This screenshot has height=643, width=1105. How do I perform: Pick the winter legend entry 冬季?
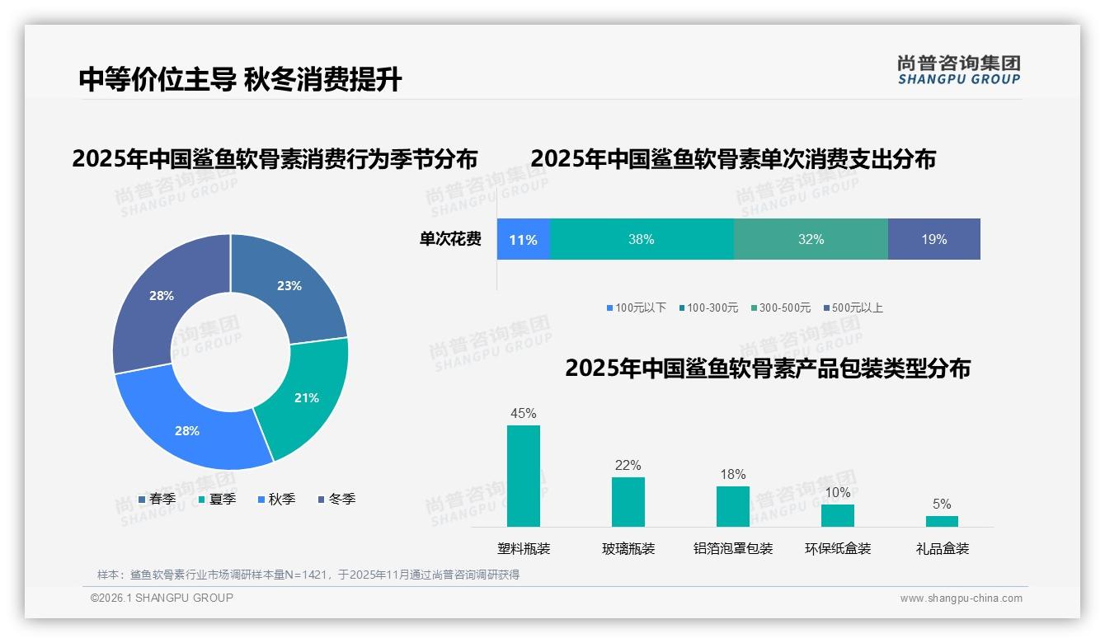(336, 500)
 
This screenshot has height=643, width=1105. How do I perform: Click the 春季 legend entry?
(157, 500)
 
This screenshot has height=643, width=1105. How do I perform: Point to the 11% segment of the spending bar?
(523, 240)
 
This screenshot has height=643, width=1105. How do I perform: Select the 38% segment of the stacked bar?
(641, 240)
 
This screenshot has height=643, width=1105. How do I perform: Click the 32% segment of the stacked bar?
(811, 240)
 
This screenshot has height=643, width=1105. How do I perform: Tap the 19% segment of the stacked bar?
(933, 240)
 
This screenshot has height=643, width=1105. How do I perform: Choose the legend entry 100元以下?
(636, 308)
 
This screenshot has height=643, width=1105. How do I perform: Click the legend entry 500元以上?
(853, 308)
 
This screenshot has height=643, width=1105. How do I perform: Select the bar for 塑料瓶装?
(524, 476)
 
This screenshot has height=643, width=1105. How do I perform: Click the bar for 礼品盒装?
(942, 521)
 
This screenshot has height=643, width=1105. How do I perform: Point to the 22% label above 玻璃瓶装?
(628, 466)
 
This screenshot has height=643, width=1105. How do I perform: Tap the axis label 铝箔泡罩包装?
(733, 549)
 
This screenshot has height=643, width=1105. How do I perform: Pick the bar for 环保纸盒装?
(838, 515)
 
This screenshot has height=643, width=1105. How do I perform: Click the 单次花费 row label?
(450, 240)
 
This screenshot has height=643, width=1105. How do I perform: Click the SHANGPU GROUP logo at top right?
(959, 70)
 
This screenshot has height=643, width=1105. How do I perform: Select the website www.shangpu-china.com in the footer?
(961, 598)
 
